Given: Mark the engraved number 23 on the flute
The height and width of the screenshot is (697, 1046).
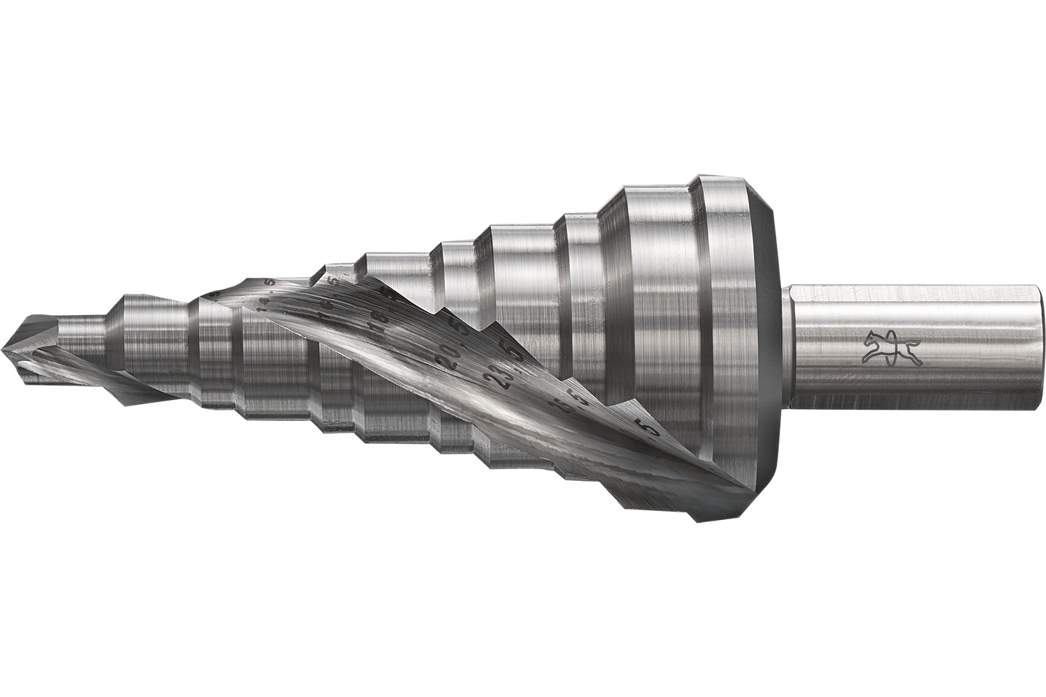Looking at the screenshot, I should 497,380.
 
